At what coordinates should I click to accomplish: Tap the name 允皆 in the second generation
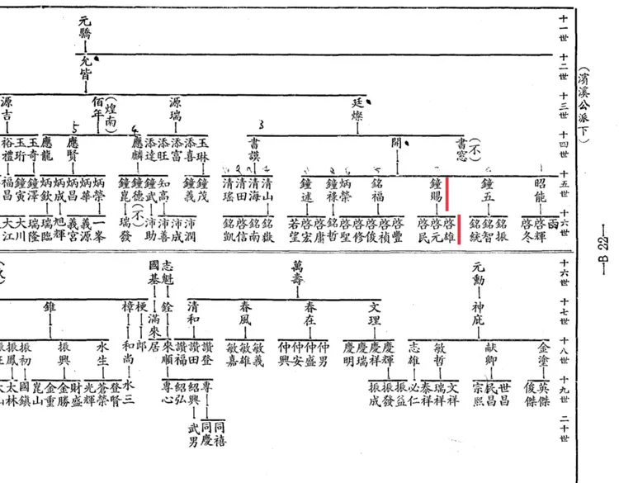pos(86,65)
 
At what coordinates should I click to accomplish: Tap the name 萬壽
pos(297,270)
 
